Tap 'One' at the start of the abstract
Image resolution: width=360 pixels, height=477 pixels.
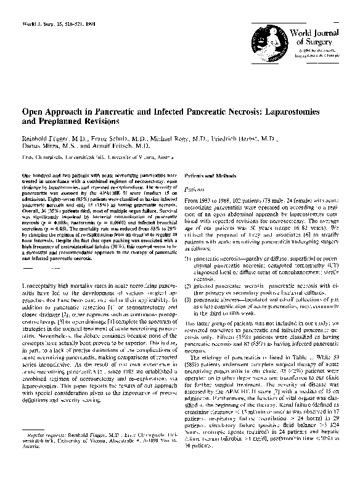[27, 176]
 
